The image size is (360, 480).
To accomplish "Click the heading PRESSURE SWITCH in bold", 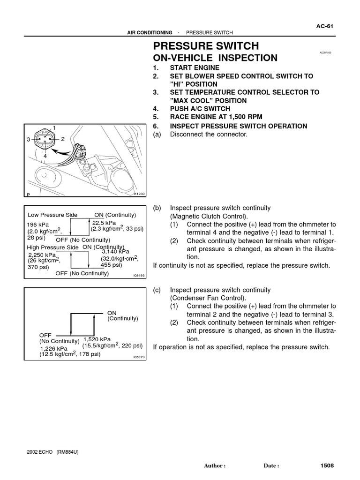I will tap(206, 46).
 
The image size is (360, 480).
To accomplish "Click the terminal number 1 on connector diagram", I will tap(54, 127).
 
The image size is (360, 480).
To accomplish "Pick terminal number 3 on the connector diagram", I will tap(28, 140).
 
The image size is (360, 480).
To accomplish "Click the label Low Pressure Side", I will tap(52, 215).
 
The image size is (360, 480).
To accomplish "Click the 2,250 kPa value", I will tap(42, 255).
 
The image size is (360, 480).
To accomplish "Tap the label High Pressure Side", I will tap(52, 247).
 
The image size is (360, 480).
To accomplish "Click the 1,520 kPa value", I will tap(97, 339).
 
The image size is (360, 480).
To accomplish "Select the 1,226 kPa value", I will tap(54, 349).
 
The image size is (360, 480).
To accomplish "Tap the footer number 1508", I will tap(327, 466).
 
